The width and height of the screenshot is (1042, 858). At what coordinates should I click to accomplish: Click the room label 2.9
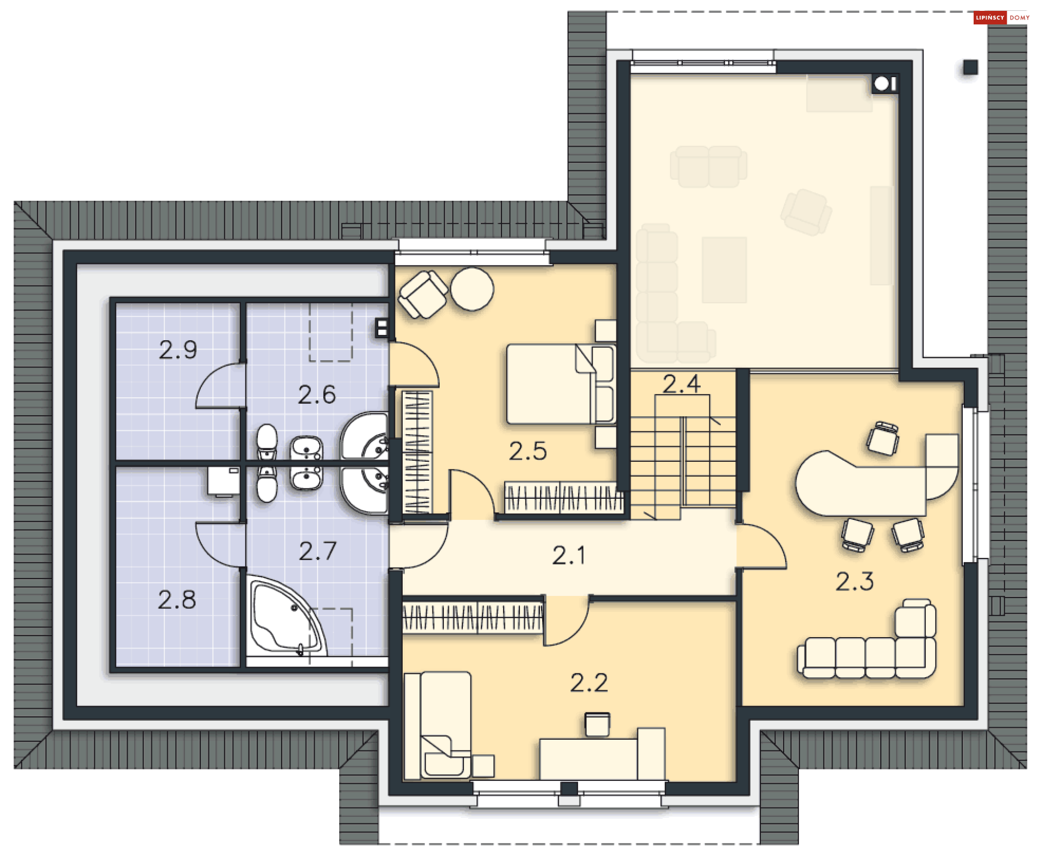point(178,350)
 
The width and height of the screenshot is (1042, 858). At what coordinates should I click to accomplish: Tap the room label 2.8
point(177,600)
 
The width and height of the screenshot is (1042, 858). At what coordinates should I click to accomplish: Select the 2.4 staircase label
point(682,384)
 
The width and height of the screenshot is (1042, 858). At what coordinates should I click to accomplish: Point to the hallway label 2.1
point(569,555)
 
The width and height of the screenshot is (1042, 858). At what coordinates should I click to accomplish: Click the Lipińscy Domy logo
point(1002,17)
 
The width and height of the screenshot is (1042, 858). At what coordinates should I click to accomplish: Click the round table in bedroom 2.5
point(472,289)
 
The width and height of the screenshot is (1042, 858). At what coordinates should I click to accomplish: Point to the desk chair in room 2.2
point(598,724)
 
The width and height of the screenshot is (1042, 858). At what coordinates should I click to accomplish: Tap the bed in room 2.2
point(439,725)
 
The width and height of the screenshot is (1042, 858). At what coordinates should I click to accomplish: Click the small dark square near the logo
point(970,67)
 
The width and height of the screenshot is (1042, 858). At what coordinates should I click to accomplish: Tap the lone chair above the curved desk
point(883,438)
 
